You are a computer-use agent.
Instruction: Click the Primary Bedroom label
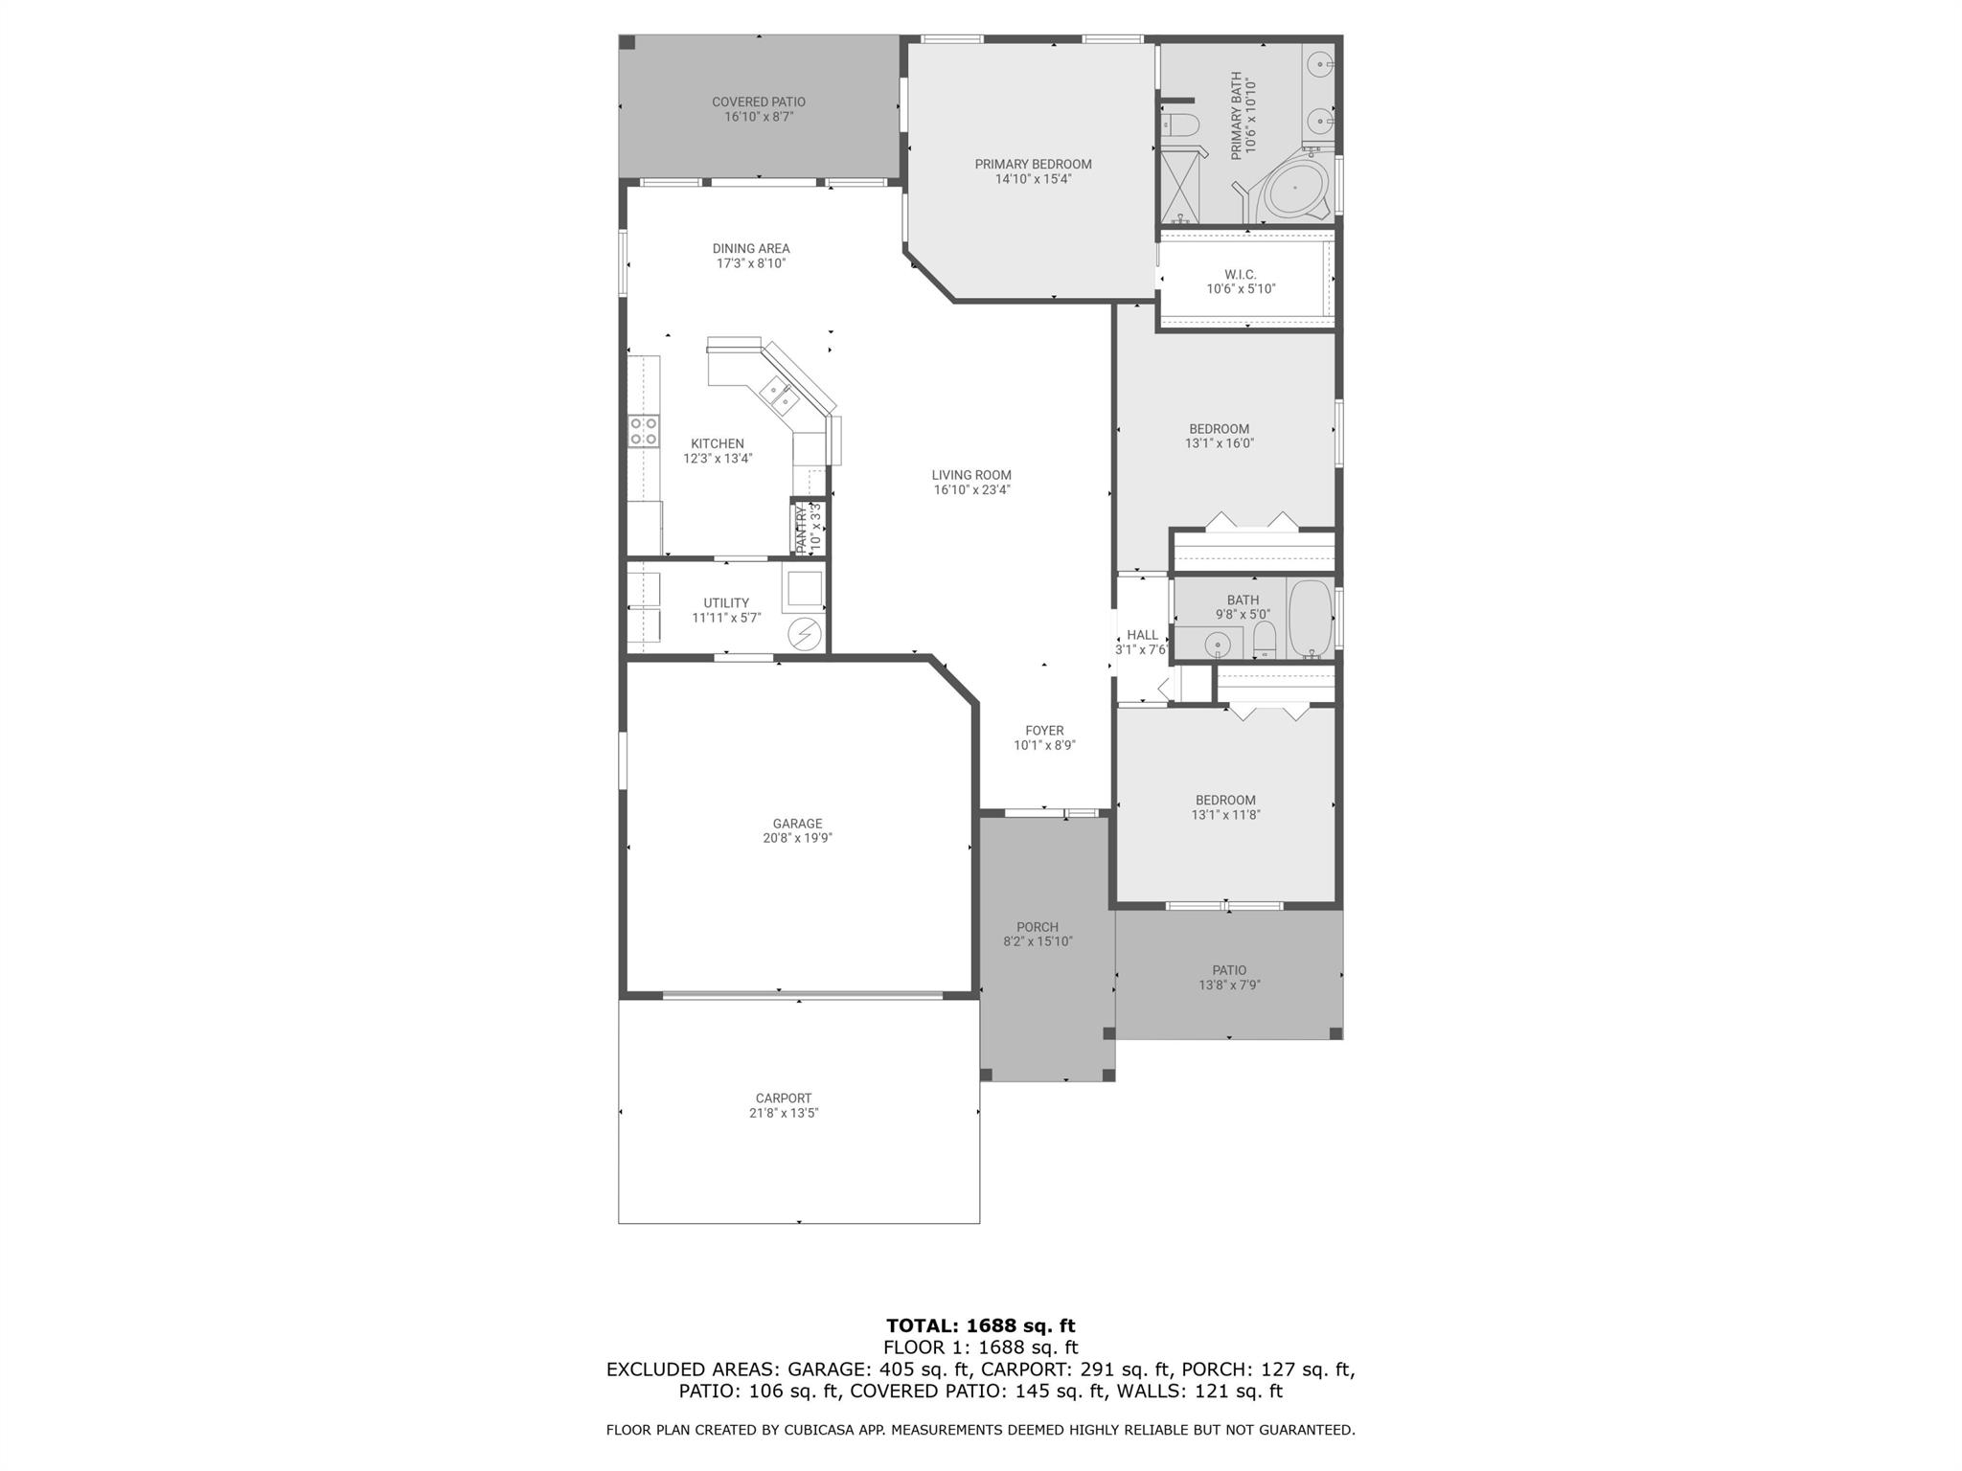pos(1033,164)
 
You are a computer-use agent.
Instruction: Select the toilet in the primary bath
pos(1180,124)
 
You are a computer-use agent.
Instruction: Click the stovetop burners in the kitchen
pos(644,430)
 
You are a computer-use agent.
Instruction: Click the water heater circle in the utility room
pos(805,634)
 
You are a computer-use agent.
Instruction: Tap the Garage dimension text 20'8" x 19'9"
pos(797,838)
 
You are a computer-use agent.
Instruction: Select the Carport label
pos(783,1098)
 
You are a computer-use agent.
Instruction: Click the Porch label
pos(1037,927)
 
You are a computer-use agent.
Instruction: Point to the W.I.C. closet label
pos(1240,275)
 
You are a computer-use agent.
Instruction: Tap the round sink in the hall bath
pos(1218,644)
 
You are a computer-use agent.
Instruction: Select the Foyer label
pos(1044,731)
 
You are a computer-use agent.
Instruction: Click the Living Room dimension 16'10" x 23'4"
pos(971,489)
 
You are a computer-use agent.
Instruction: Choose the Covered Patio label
pos(758,102)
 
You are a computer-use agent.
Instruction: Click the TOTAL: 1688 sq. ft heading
pos(980,1325)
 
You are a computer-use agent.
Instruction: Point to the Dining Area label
pos(750,248)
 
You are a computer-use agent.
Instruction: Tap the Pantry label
pos(802,529)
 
